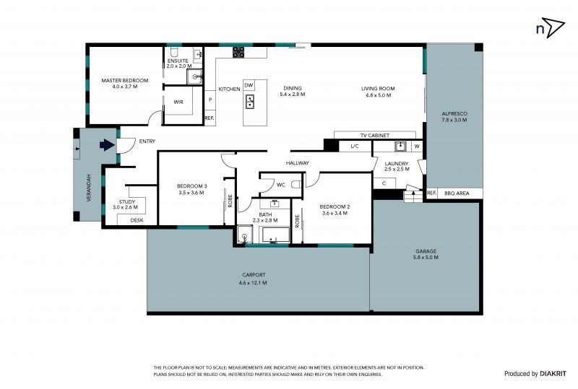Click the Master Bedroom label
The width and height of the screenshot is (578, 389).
click(x=124, y=80)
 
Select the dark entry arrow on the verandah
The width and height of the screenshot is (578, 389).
click(x=107, y=145)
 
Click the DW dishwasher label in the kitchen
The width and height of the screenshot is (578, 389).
click(x=249, y=85)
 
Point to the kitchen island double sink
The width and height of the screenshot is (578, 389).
click(x=250, y=102)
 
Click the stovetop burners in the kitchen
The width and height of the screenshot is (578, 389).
click(x=238, y=52)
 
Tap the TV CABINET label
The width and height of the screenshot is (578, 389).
click(x=374, y=136)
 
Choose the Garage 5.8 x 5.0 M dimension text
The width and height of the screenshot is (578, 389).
click(x=426, y=258)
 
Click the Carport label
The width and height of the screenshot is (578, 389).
click(x=254, y=275)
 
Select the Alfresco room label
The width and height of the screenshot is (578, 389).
click(x=454, y=114)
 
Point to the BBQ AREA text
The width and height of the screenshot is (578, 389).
click(x=457, y=193)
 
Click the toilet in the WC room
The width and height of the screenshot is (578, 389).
click(x=296, y=184)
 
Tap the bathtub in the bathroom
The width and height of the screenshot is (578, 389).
click(x=275, y=235)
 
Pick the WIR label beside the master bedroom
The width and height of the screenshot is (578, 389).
click(x=178, y=102)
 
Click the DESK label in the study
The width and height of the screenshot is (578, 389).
click(x=137, y=220)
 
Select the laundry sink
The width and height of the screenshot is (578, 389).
click(x=400, y=147)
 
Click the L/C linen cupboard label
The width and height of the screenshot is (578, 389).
click(x=355, y=147)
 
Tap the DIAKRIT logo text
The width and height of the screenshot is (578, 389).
click(x=553, y=374)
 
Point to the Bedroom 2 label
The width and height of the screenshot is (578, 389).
click(x=335, y=206)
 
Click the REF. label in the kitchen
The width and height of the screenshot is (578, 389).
click(x=210, y=118)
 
